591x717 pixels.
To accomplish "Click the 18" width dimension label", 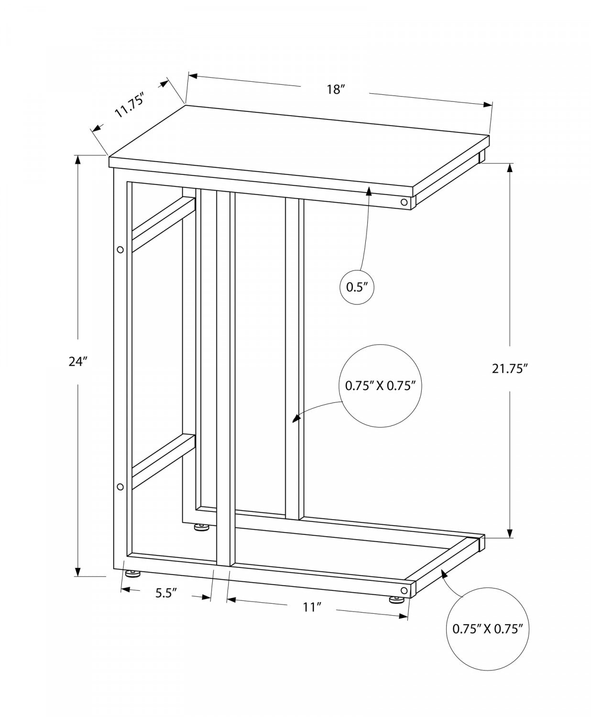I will (336, 89).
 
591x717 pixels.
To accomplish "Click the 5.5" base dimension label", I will (166, 593).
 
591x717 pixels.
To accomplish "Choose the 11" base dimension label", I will (311, 607).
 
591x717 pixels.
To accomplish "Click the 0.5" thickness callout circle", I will (356, 287).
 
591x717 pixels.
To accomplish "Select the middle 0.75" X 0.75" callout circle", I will (380, 385).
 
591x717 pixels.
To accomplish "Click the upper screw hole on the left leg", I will (120, 250).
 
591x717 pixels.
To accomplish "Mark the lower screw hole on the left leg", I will (120, 487).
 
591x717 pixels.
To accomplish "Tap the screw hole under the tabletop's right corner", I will (405, 202).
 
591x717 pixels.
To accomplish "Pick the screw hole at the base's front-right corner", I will (405, 591).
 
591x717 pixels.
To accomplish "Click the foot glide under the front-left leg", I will (133, 573).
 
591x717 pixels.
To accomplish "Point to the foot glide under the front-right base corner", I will (396, 599).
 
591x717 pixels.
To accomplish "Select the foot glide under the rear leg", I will (201, 528).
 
